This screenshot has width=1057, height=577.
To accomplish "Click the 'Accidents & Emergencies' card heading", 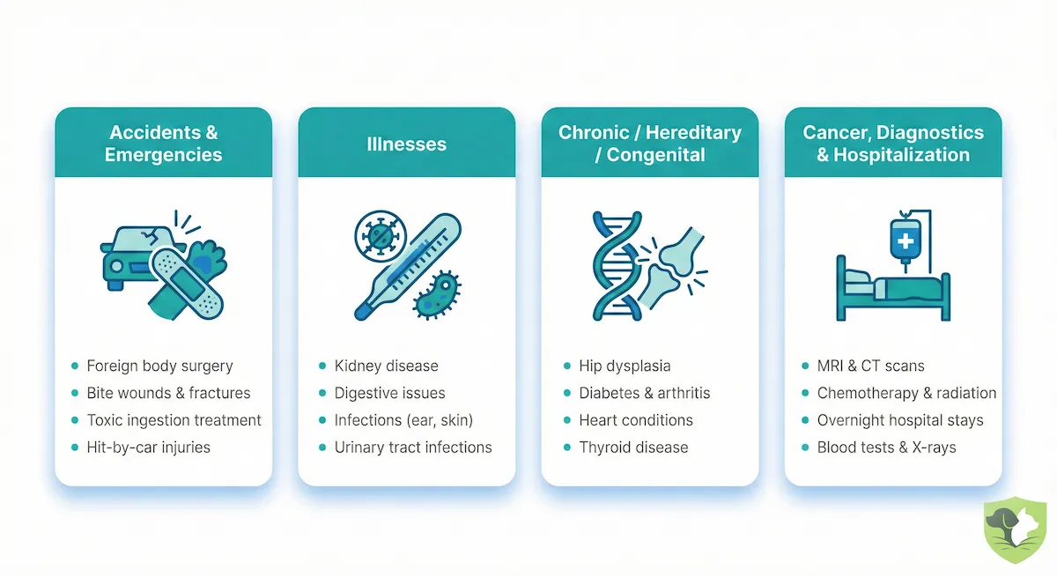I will (x=163, y=144).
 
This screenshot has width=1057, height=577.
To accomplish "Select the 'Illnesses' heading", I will (x=406, y=144).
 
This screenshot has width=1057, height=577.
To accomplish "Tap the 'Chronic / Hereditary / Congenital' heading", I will (x=649, y=144).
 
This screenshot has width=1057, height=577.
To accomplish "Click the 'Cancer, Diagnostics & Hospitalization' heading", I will (x=892, y=144).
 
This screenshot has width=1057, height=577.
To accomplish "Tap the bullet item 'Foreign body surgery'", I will (x=159, y=366).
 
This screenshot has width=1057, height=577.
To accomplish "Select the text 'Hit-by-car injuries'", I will (x=148, y=447).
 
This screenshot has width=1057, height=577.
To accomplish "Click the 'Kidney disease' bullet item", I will (x=386, y=366).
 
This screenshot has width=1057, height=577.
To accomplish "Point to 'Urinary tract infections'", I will (x=412, y=447).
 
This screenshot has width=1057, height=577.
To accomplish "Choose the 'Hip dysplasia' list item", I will (x=625, y=366).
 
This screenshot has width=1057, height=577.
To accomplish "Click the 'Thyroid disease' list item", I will (x=633, y=447).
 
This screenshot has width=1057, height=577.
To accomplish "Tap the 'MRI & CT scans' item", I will (x=870, y=366).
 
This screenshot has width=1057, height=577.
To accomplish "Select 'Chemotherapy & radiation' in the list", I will (x=906, y=393).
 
